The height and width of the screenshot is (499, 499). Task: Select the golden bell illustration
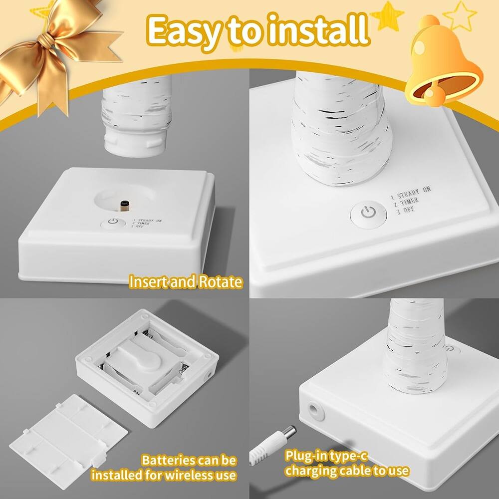[x=439, y=65]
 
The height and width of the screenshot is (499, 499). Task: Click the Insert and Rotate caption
[x=186, y=281]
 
